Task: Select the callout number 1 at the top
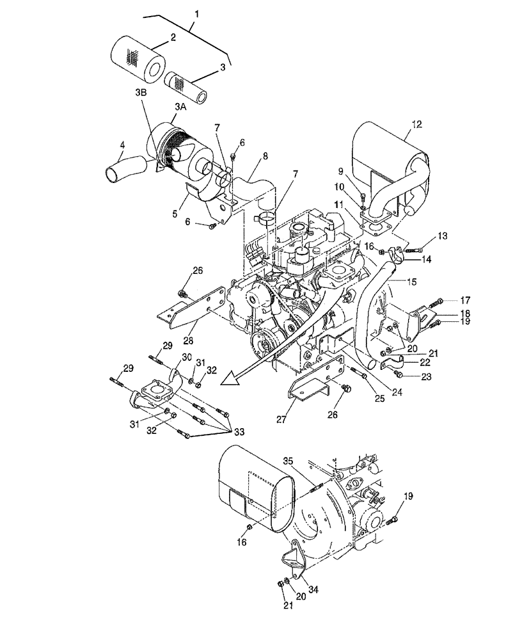coord(196,13)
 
